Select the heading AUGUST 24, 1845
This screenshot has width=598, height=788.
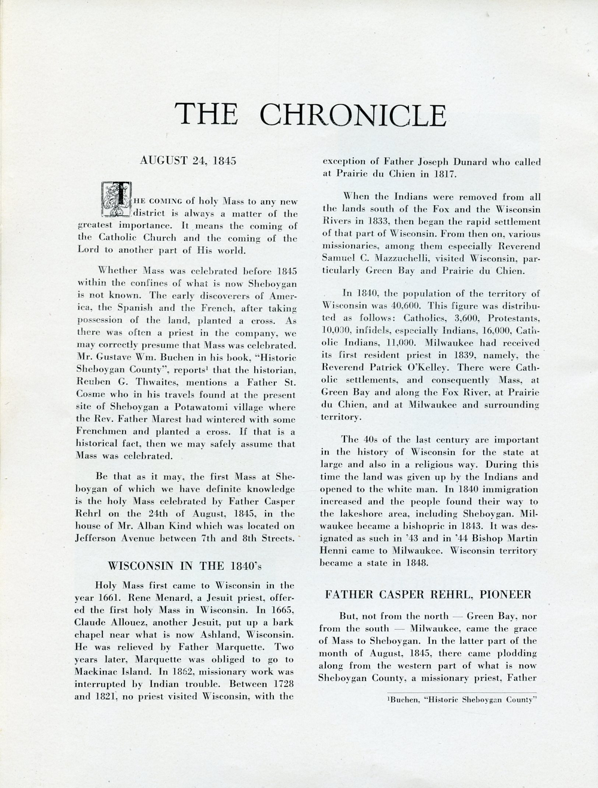click(x=188, y=161)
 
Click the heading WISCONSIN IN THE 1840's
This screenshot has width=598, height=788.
click(x=188, y=565)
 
